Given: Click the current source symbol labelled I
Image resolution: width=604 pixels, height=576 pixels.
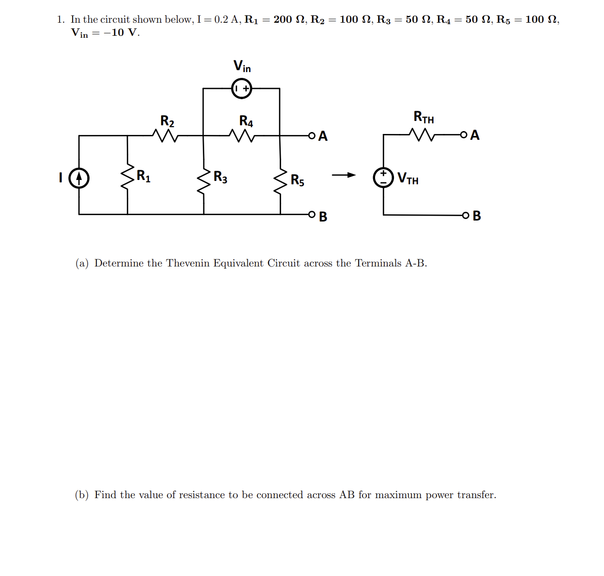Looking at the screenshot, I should coord(79,178).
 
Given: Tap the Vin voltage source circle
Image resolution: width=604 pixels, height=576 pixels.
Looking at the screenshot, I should coord(242,89).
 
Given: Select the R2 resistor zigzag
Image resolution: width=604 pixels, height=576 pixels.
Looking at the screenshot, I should coord(166,135).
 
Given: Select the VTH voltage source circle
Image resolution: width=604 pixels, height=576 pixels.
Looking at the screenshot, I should coord(383,177).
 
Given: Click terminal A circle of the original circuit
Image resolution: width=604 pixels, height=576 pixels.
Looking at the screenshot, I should coord(312,135).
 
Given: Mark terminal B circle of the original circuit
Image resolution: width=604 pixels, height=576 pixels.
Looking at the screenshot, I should coord(312,214).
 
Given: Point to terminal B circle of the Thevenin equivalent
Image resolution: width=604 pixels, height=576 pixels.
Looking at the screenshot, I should coord(465,215).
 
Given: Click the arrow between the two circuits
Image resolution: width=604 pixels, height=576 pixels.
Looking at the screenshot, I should coord(344,175).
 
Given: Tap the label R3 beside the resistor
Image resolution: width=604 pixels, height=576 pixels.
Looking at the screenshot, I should coord(220,177).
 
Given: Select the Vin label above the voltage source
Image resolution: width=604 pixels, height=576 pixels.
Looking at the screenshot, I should coord(242,66).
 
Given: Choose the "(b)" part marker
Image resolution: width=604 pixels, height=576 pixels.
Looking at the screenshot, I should coord(81,495).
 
